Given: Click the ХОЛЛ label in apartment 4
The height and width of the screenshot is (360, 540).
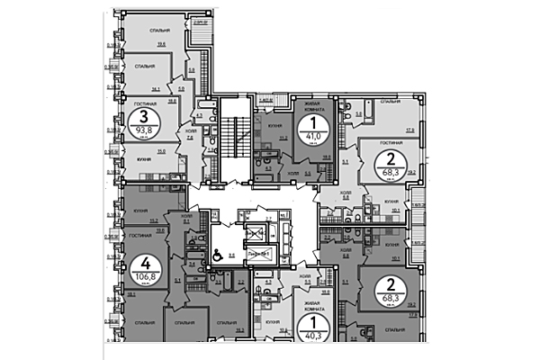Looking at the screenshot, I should tap(185, 216).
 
